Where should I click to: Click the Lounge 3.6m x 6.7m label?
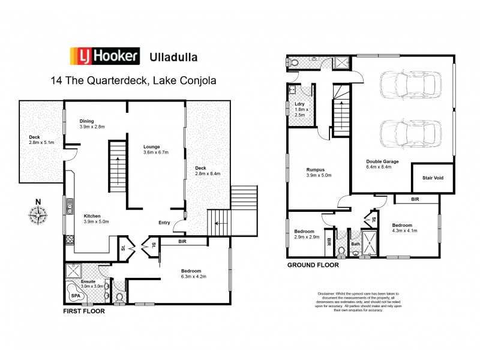coord(155,149)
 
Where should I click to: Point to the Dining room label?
coord(91,124)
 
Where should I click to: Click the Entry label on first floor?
coord(164,223)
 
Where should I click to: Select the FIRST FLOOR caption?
coord(85,312)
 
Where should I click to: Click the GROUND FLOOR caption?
coord(313,265)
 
